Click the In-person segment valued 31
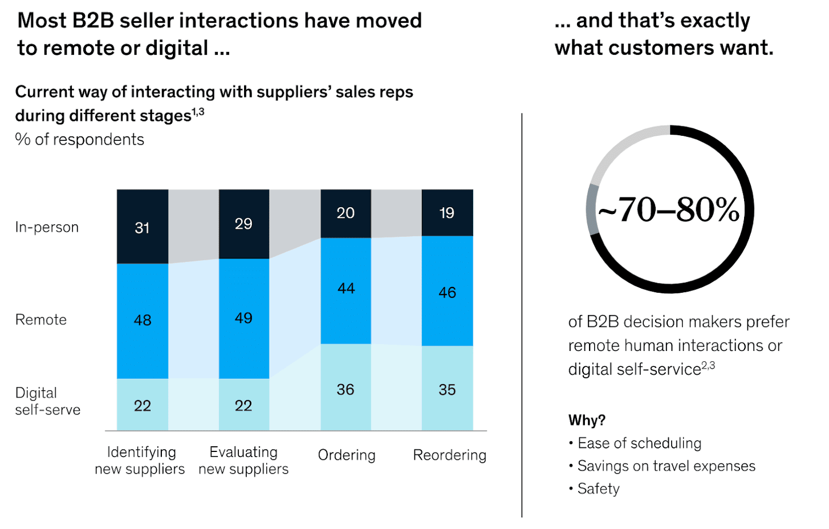pyautogui.click(x=143, y=227)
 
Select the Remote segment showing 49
pyautogui.click(x=243, y=318)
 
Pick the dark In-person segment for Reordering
pyautogui.click(x=447, y=213)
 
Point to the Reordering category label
pyautogui.click(x=449, y=455)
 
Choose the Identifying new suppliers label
pyautogui.click(x=140, y=461)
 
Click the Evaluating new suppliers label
pyautogui.click(x=243, y=461)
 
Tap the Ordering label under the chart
pyautogui.click(x=347, y=455)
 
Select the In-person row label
pyautogui.click(x=47, y=227)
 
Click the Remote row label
pyautogui.click(x=41, y=320)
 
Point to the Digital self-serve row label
pyautogui.click(x=47, y=401)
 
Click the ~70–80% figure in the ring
pyautogui.click(x=669, y=209)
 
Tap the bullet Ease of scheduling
pyautogui.click(x=639, y=443)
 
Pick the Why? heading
pyautogui.click(x=587, y=421)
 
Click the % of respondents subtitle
pyautogui.click(x=80, y=140)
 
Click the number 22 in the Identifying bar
pyautogui.click(x=143, y=406)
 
